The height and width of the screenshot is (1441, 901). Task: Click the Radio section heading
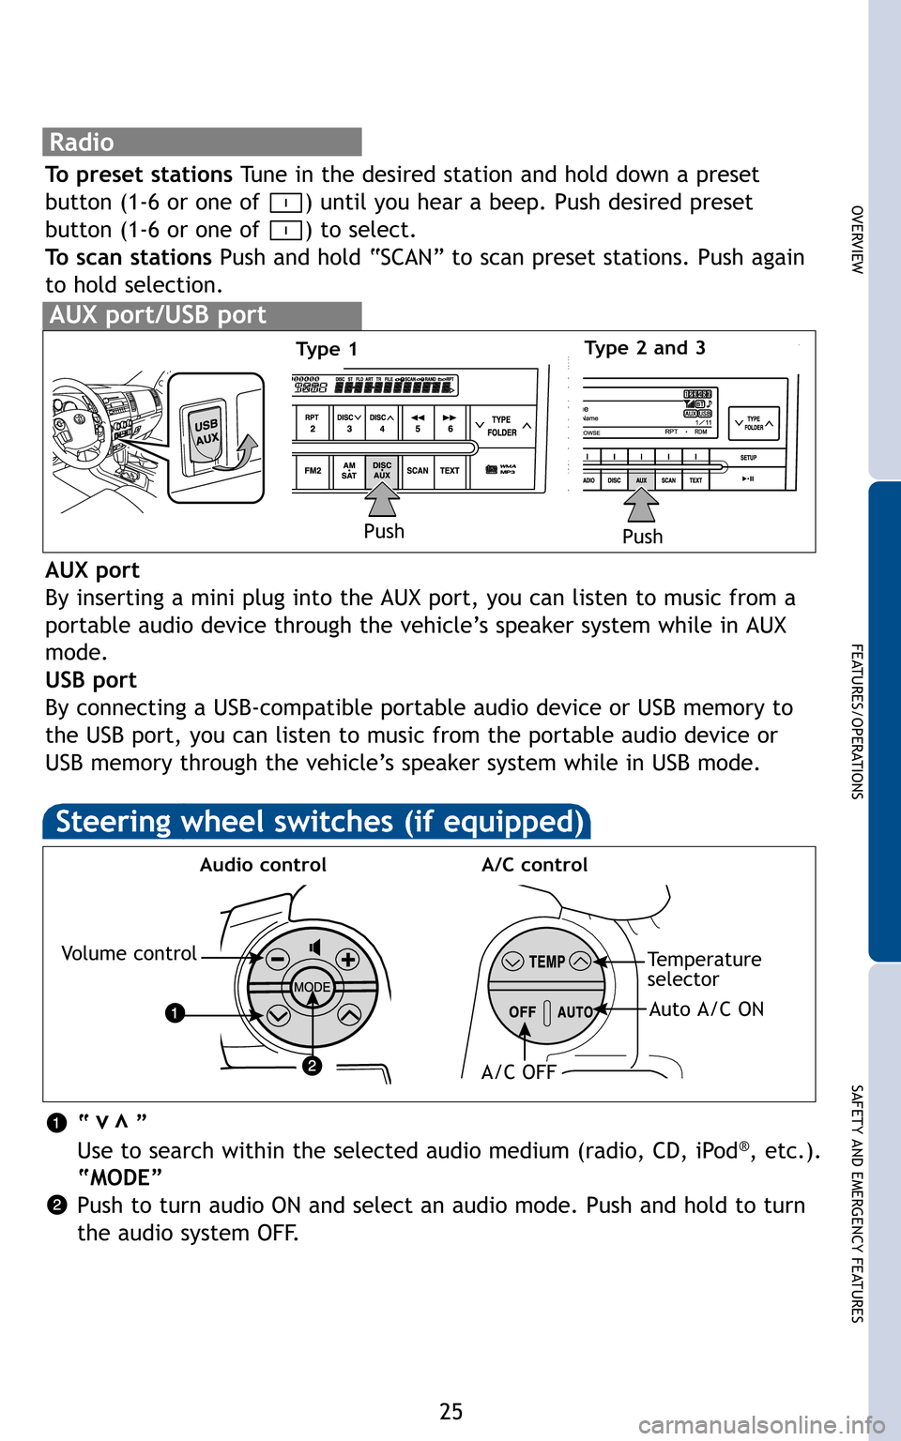82,143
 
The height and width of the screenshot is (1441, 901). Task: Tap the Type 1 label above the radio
326,350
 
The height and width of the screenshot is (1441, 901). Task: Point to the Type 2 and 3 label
644,348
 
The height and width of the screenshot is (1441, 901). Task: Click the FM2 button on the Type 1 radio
313,471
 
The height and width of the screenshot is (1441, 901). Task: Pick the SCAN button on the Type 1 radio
418,471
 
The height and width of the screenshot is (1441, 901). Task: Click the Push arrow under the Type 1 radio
382,499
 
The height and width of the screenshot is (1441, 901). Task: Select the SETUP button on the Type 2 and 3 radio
748,458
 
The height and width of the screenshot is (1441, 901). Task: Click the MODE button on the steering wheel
312,987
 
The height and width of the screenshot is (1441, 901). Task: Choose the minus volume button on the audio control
277,959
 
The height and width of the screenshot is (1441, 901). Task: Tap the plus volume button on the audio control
347,959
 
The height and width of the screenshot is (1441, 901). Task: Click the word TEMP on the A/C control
546,962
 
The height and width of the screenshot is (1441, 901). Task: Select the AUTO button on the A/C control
574,1012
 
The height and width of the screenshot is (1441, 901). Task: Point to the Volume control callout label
129,954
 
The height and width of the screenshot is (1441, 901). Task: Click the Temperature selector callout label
703,969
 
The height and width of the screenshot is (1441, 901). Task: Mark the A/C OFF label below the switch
518,1072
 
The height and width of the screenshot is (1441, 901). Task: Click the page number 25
450,1411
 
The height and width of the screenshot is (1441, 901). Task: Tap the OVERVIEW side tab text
856,239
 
